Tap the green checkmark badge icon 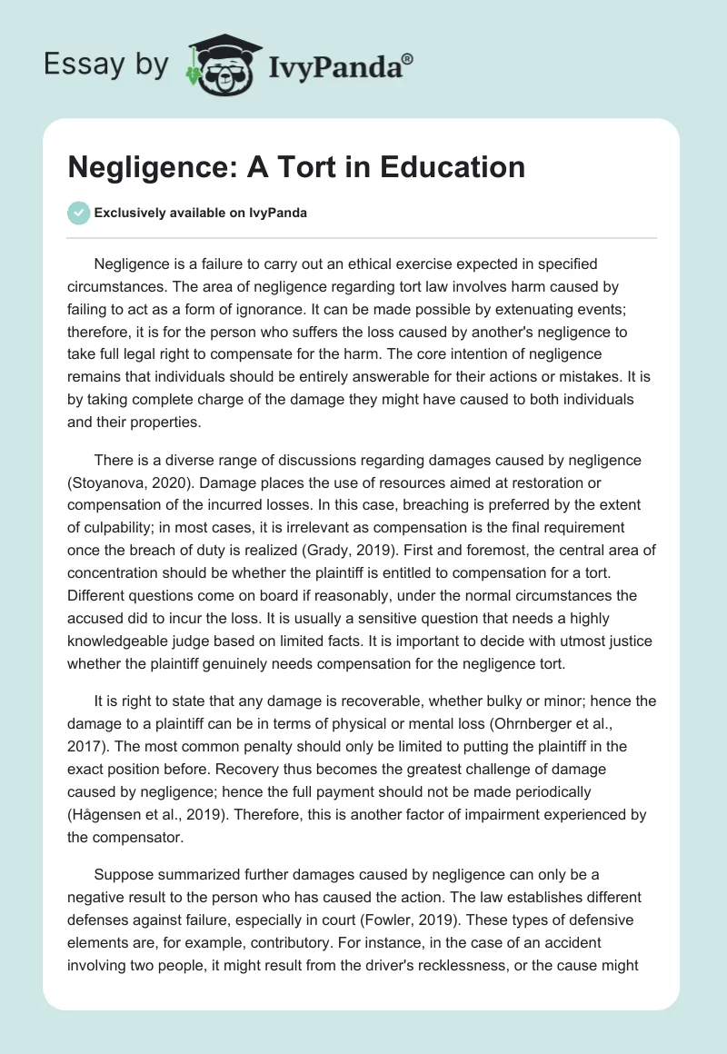pyautogui.click(x=78, y=213)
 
